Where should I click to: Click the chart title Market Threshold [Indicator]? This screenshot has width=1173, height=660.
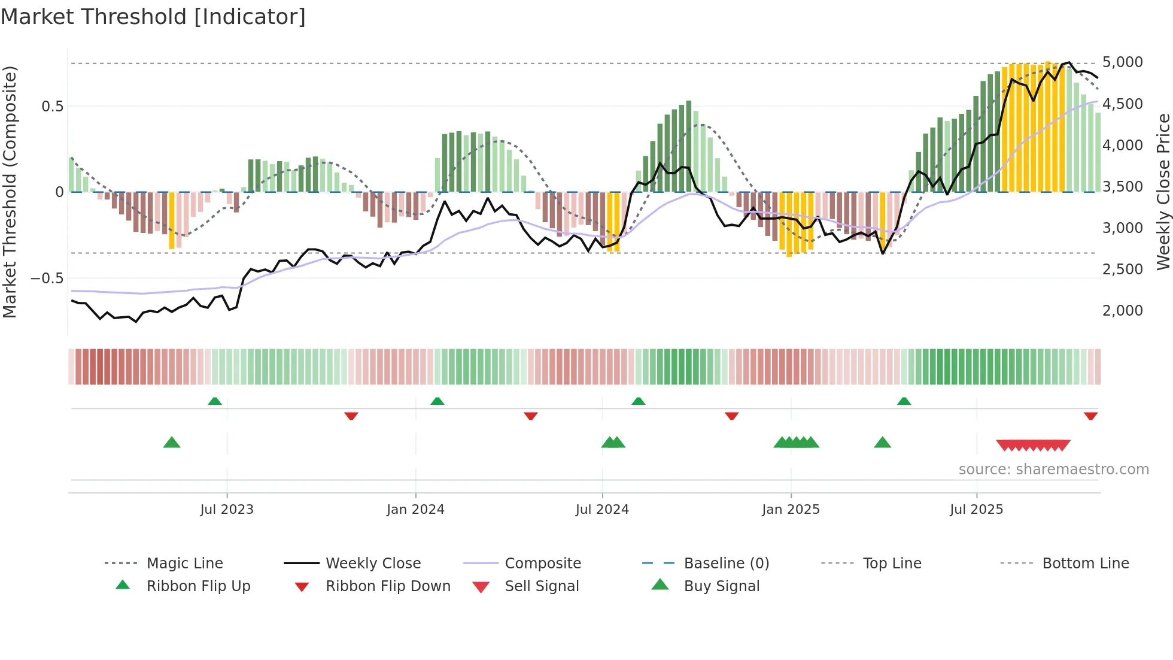(x=153, y=17)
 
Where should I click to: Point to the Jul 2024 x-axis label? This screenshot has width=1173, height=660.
(x=602, y=509)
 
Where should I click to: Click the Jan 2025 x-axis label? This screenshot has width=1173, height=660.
(x=791, y=509)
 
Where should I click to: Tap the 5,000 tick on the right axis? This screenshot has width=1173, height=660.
(x=1122, y=62)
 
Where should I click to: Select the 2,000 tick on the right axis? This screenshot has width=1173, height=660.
(x=1122, y=310)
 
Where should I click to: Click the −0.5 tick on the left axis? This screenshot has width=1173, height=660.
(x=47, y=278)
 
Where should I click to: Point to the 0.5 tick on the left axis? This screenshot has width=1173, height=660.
(x=52, y=107)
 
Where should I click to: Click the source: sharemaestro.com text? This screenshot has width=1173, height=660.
(x=1053, y=469)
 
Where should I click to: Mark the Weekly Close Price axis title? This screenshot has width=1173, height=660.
(x=1163, y=192)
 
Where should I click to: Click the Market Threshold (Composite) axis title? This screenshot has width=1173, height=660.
(x=10, y=192)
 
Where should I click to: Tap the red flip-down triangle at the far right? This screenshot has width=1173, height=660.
(x=1090, y=416)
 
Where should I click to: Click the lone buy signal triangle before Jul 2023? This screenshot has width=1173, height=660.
(x=172, y=443)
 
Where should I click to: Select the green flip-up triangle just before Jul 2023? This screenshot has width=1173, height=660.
(x=215, y=401)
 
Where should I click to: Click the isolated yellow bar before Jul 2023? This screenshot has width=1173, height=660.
(x=172, y=220)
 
